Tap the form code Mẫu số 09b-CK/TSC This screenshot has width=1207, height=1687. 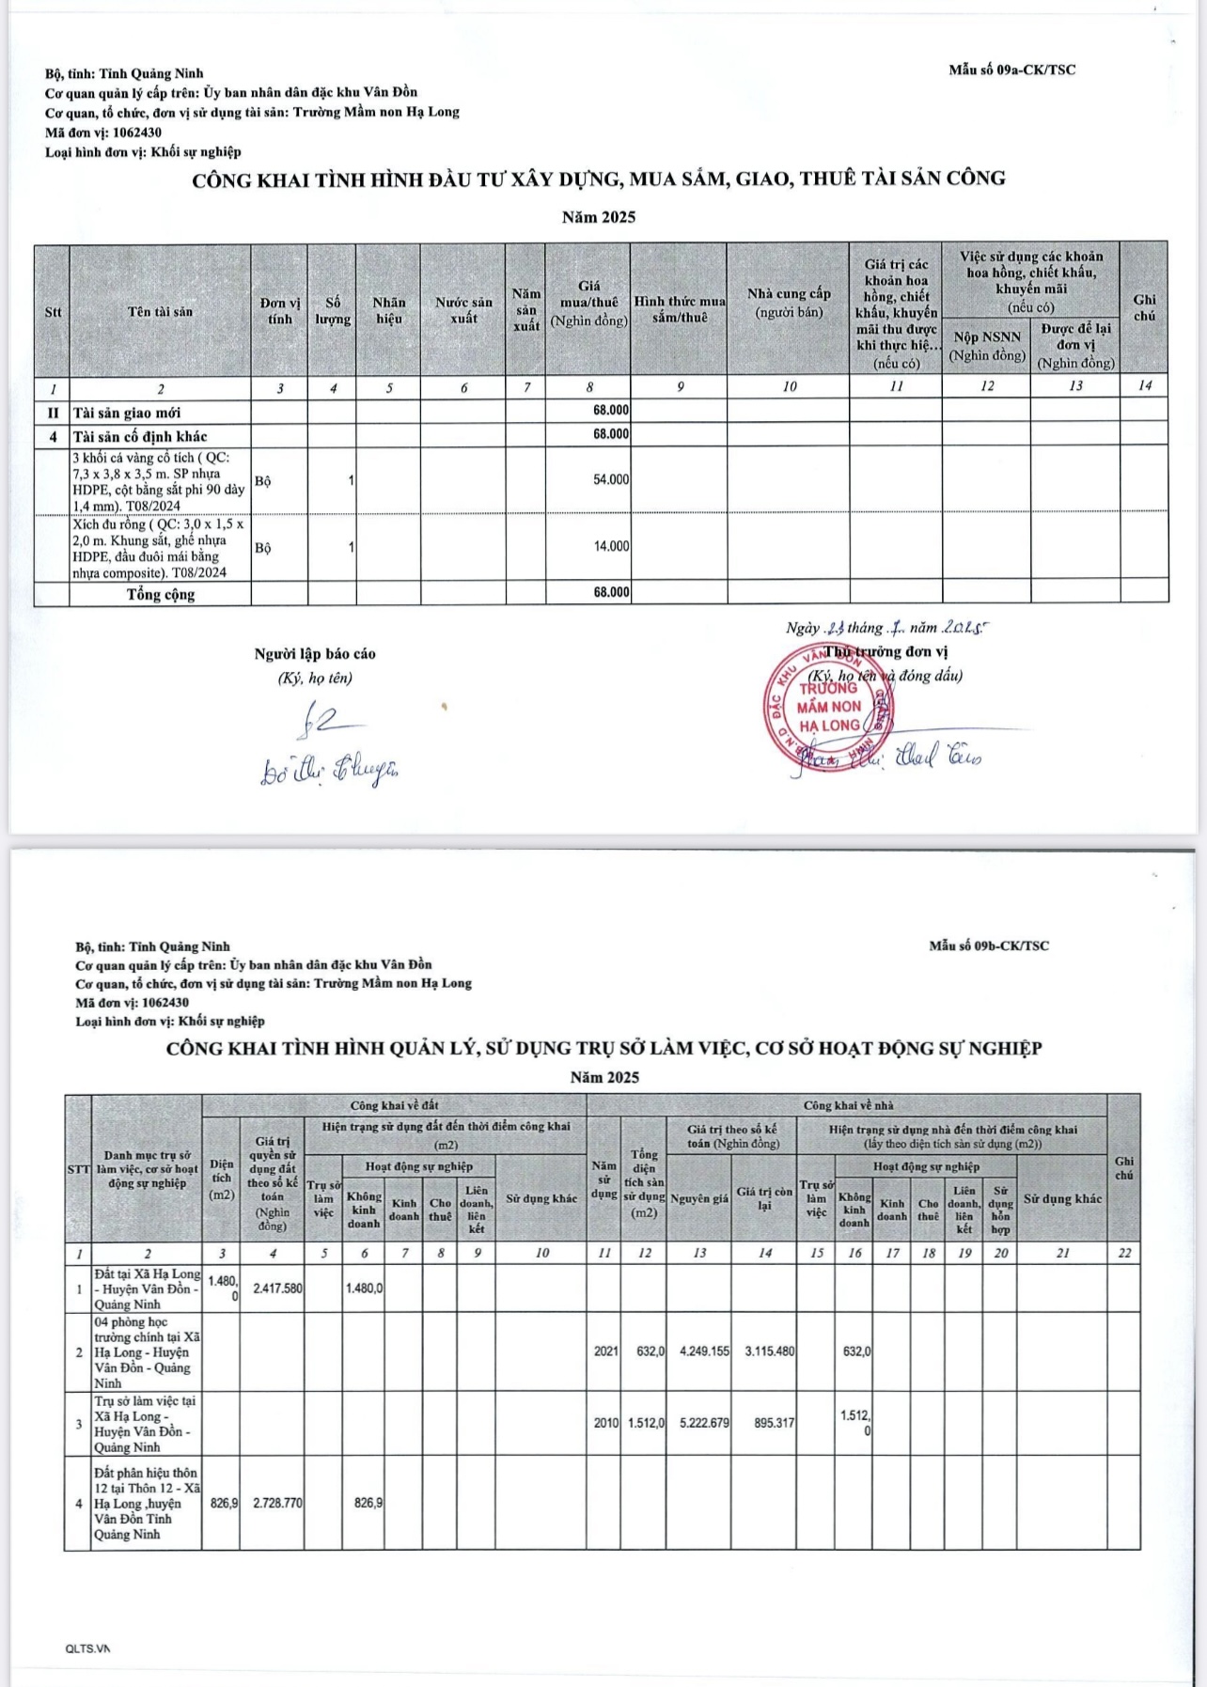(989, 945)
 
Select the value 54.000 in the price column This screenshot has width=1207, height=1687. (611, 480)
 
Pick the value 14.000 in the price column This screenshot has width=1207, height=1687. (611, 546)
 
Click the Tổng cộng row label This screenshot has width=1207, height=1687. (161, 594)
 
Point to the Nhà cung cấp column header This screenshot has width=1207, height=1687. (789, 302)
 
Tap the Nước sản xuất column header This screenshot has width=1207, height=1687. (463, 310)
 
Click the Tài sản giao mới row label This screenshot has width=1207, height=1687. (127, 413)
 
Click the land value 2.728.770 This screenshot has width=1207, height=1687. (277, 1503)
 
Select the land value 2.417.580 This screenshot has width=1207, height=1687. (277, 1289)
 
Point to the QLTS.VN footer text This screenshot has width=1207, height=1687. (87, 1648)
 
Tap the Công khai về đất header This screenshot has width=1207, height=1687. (394, 1105)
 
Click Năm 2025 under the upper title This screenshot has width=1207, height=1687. (599, 217)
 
